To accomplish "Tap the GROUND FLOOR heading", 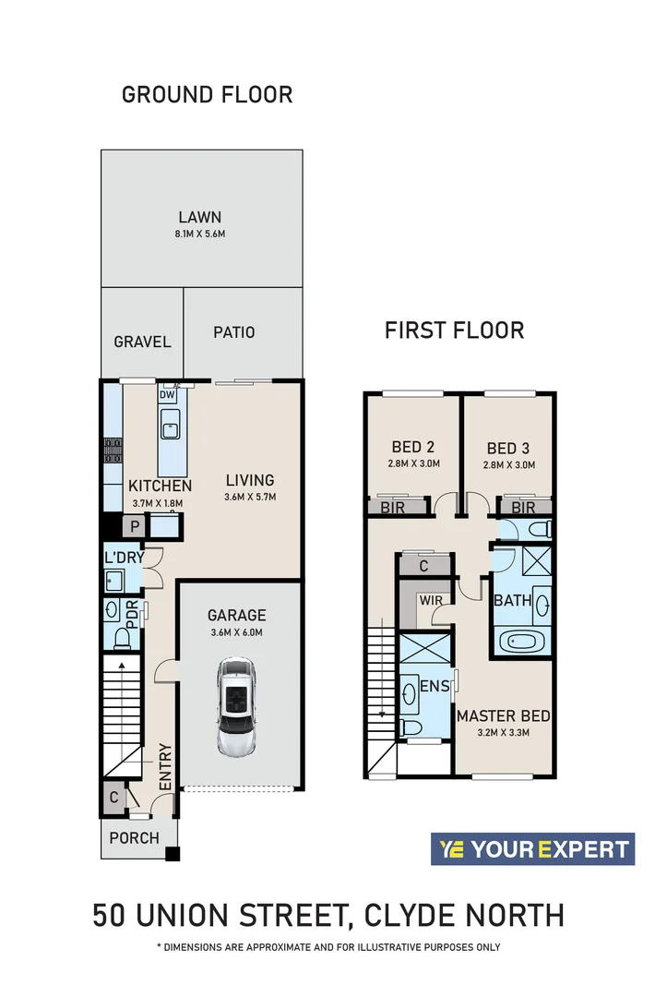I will [208, 94].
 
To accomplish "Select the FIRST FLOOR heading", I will [454, 330].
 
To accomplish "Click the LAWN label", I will [200, 217].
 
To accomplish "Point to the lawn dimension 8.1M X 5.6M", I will [200, 234].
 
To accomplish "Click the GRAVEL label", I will [142, 342].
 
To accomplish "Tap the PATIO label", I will [233, 332].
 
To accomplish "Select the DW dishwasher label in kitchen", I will [167, 395].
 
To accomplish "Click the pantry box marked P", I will [135, 527].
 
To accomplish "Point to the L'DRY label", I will [122, 559].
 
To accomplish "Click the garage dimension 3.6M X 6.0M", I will [236, 632].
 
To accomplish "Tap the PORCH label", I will [135, 838].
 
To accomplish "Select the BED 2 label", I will [412, 448].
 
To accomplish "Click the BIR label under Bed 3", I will [523, 508].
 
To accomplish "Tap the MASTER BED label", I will [504, 715].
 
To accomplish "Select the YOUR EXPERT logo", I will [532, 849].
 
